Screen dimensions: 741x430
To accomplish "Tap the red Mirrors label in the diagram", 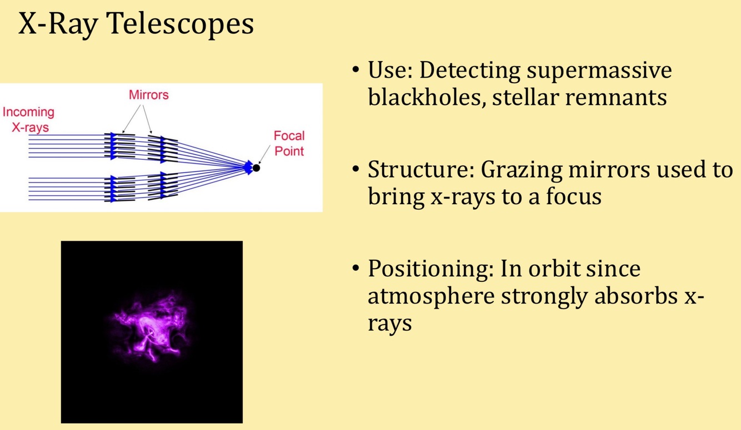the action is point(148,95).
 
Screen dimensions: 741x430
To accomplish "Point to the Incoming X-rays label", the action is point(29,119).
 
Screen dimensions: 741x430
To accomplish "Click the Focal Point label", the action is point(289,143).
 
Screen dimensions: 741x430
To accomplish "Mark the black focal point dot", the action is point(256,167).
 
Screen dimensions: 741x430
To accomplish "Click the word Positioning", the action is point(430,270).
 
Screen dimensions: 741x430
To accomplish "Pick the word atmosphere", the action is point(430,296).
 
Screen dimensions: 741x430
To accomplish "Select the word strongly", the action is point(542,297).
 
